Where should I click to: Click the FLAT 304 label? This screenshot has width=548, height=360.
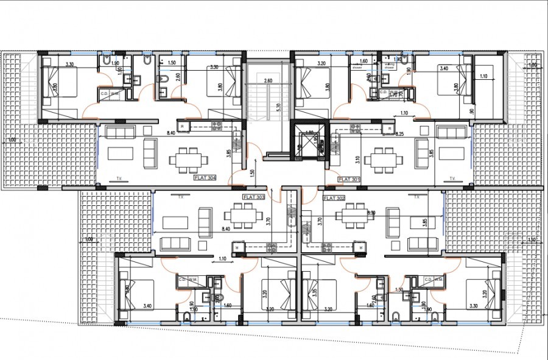205,178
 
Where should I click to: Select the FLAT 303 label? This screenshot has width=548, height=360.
253,198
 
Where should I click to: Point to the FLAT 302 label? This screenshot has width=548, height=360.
334,198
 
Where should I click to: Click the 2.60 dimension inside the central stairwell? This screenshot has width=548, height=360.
268,81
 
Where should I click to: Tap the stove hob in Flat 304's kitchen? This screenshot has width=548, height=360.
216,126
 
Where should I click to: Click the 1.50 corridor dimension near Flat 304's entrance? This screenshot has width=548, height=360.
251,172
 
